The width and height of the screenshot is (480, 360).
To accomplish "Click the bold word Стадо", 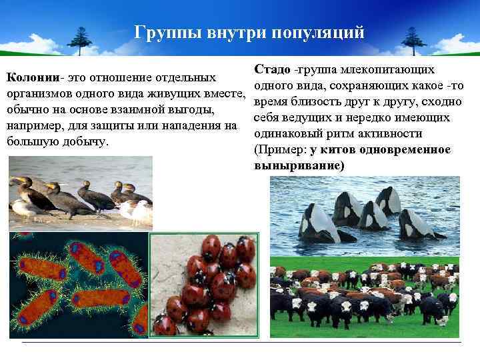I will (272, 70).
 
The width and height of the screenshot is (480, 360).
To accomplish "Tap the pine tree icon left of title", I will (81, 39).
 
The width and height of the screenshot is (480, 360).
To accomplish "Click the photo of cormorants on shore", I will (81, 193).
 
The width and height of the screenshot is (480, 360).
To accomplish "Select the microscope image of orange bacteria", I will (78, 284).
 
